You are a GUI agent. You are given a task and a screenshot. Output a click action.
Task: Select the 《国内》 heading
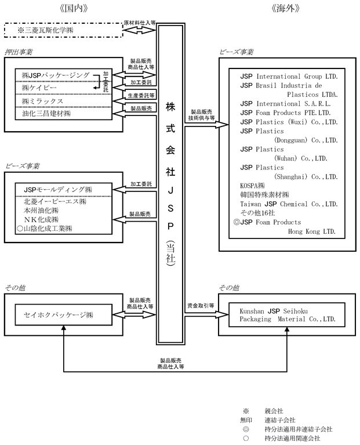[74, 8]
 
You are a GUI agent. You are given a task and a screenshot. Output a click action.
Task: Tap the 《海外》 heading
[285, 8]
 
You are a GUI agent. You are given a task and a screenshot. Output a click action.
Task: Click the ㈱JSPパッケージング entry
[56, 75]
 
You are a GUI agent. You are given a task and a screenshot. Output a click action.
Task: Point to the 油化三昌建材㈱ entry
[46, 114]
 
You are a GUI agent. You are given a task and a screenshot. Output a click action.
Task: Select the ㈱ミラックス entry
[42, 101]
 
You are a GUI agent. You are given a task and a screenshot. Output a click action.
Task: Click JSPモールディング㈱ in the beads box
[58, 189]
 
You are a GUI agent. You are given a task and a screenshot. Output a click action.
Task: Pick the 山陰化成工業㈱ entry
[45, 229]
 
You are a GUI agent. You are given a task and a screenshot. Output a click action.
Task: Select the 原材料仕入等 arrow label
[140, 23]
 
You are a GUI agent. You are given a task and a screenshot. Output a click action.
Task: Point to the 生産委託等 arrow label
[141, 95]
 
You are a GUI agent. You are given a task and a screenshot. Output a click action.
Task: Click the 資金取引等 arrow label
[201, 306]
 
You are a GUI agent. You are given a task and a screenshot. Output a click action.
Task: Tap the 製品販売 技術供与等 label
[201, 115]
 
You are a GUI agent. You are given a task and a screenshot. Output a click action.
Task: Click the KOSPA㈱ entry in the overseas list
[252, 186]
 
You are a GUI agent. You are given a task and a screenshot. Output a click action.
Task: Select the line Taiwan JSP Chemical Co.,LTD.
[289, 204]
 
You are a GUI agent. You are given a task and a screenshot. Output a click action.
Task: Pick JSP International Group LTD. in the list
[289, 77]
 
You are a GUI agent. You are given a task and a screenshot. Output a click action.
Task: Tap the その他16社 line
[257, 213]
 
